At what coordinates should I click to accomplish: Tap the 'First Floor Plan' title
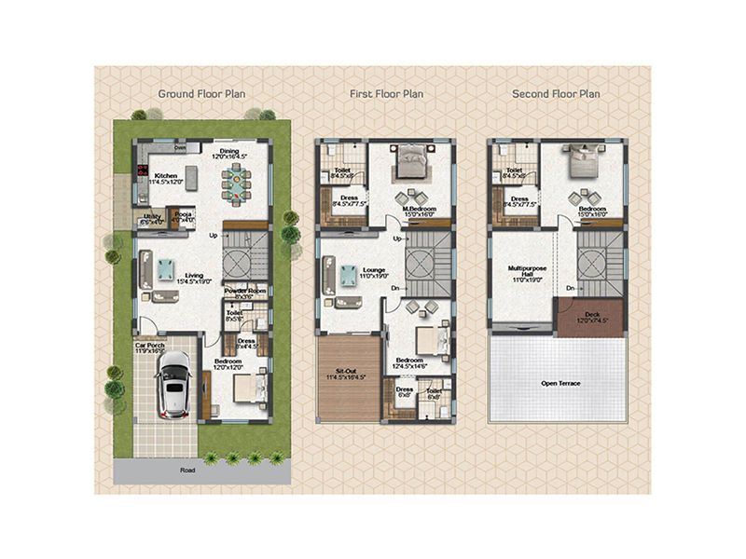coord(386,93)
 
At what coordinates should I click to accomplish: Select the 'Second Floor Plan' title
coord(556,93)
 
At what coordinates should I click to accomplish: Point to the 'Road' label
coord(189,470)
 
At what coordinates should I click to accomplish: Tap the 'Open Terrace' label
coord(556,384)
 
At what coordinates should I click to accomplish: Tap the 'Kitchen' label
coord(166,176)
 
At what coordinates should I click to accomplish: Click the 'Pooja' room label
coord(184,213)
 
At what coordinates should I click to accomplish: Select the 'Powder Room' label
coord(245,291)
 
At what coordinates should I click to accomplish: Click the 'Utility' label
coord(151,217)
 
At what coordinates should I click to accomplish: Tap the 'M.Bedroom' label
coord(411,209)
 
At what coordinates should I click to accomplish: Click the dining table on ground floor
coord(238,185)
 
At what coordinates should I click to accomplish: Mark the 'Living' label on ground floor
coord(194,275)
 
